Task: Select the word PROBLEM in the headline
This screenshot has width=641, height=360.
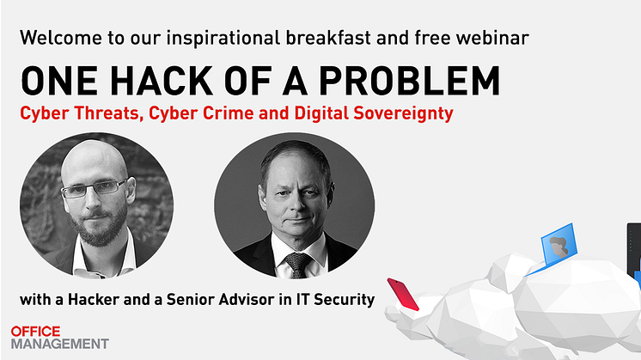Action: pos(409,81)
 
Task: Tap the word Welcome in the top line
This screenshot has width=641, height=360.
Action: pos(61,38)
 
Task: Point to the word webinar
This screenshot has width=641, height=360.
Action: pos(492,38)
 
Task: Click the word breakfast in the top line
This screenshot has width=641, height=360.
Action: pos(328,38)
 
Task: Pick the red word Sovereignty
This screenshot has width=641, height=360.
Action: pos(403,114)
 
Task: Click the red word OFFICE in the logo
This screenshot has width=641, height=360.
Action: pos(35,332)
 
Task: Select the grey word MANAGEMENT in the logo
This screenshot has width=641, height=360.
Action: pos(59,344)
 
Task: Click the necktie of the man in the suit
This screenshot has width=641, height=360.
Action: pos(297,264)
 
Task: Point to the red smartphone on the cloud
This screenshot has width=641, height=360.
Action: pos(403,294)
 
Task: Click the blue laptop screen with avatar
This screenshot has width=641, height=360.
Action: pos(559,244)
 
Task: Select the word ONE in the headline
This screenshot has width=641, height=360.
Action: pos(59,81)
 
